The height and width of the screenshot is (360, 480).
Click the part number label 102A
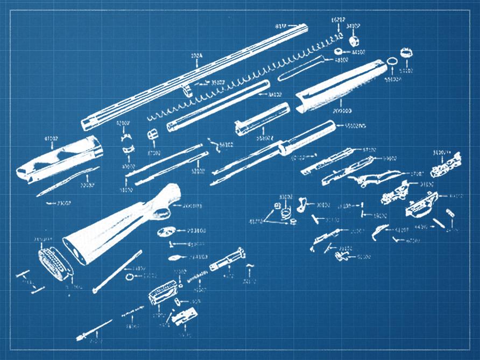(x=196, y=55)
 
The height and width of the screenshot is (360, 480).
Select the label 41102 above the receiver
(x=52, y=139)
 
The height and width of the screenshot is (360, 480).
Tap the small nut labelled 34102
(x=353, y=41)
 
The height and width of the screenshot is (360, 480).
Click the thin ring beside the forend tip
(x=393, y=62)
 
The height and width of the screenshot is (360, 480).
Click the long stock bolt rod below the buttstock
(x=117, y=272)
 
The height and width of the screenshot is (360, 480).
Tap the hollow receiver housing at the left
(x=59, y=159)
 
